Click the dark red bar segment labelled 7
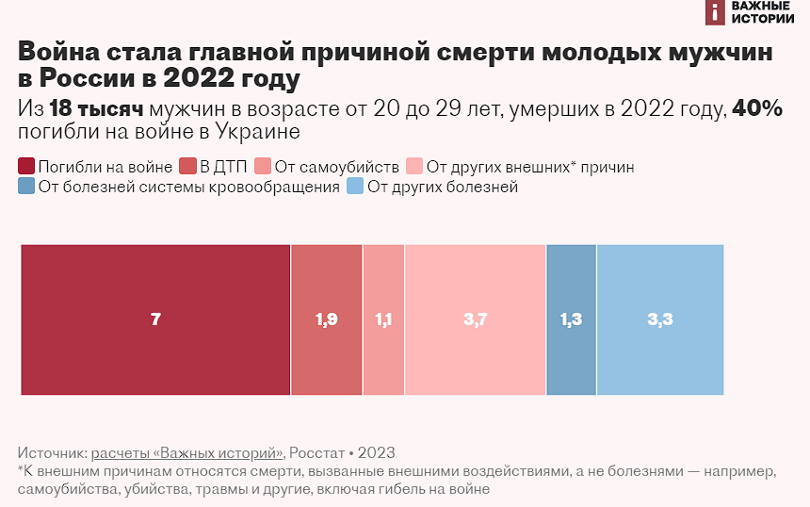(x=155, y=319)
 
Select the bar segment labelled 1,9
(x=327, y=319)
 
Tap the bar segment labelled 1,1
(x=383, y=319)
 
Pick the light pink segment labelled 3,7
(x=475, y=319)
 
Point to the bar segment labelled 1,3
(x=571, y=319)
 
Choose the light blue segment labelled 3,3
(x=660, y=319)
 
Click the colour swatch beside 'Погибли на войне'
(x=26, y=168)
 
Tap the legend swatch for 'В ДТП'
(x=188, y=168)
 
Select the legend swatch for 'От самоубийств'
(x=263, y=168)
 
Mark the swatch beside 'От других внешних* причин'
(x=414, y=168)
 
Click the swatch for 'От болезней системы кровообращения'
(x=26, y=187)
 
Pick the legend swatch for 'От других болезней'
(x=355, y=187)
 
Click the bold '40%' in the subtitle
(x=757, y=108)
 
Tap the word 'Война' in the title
(x=61, y=53)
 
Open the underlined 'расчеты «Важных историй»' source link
(x=187, y=451)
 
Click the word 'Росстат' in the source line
(x=320, y=451)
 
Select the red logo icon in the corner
(x=715, y=11)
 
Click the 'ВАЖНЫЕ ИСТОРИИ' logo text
(x=762, y=11)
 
